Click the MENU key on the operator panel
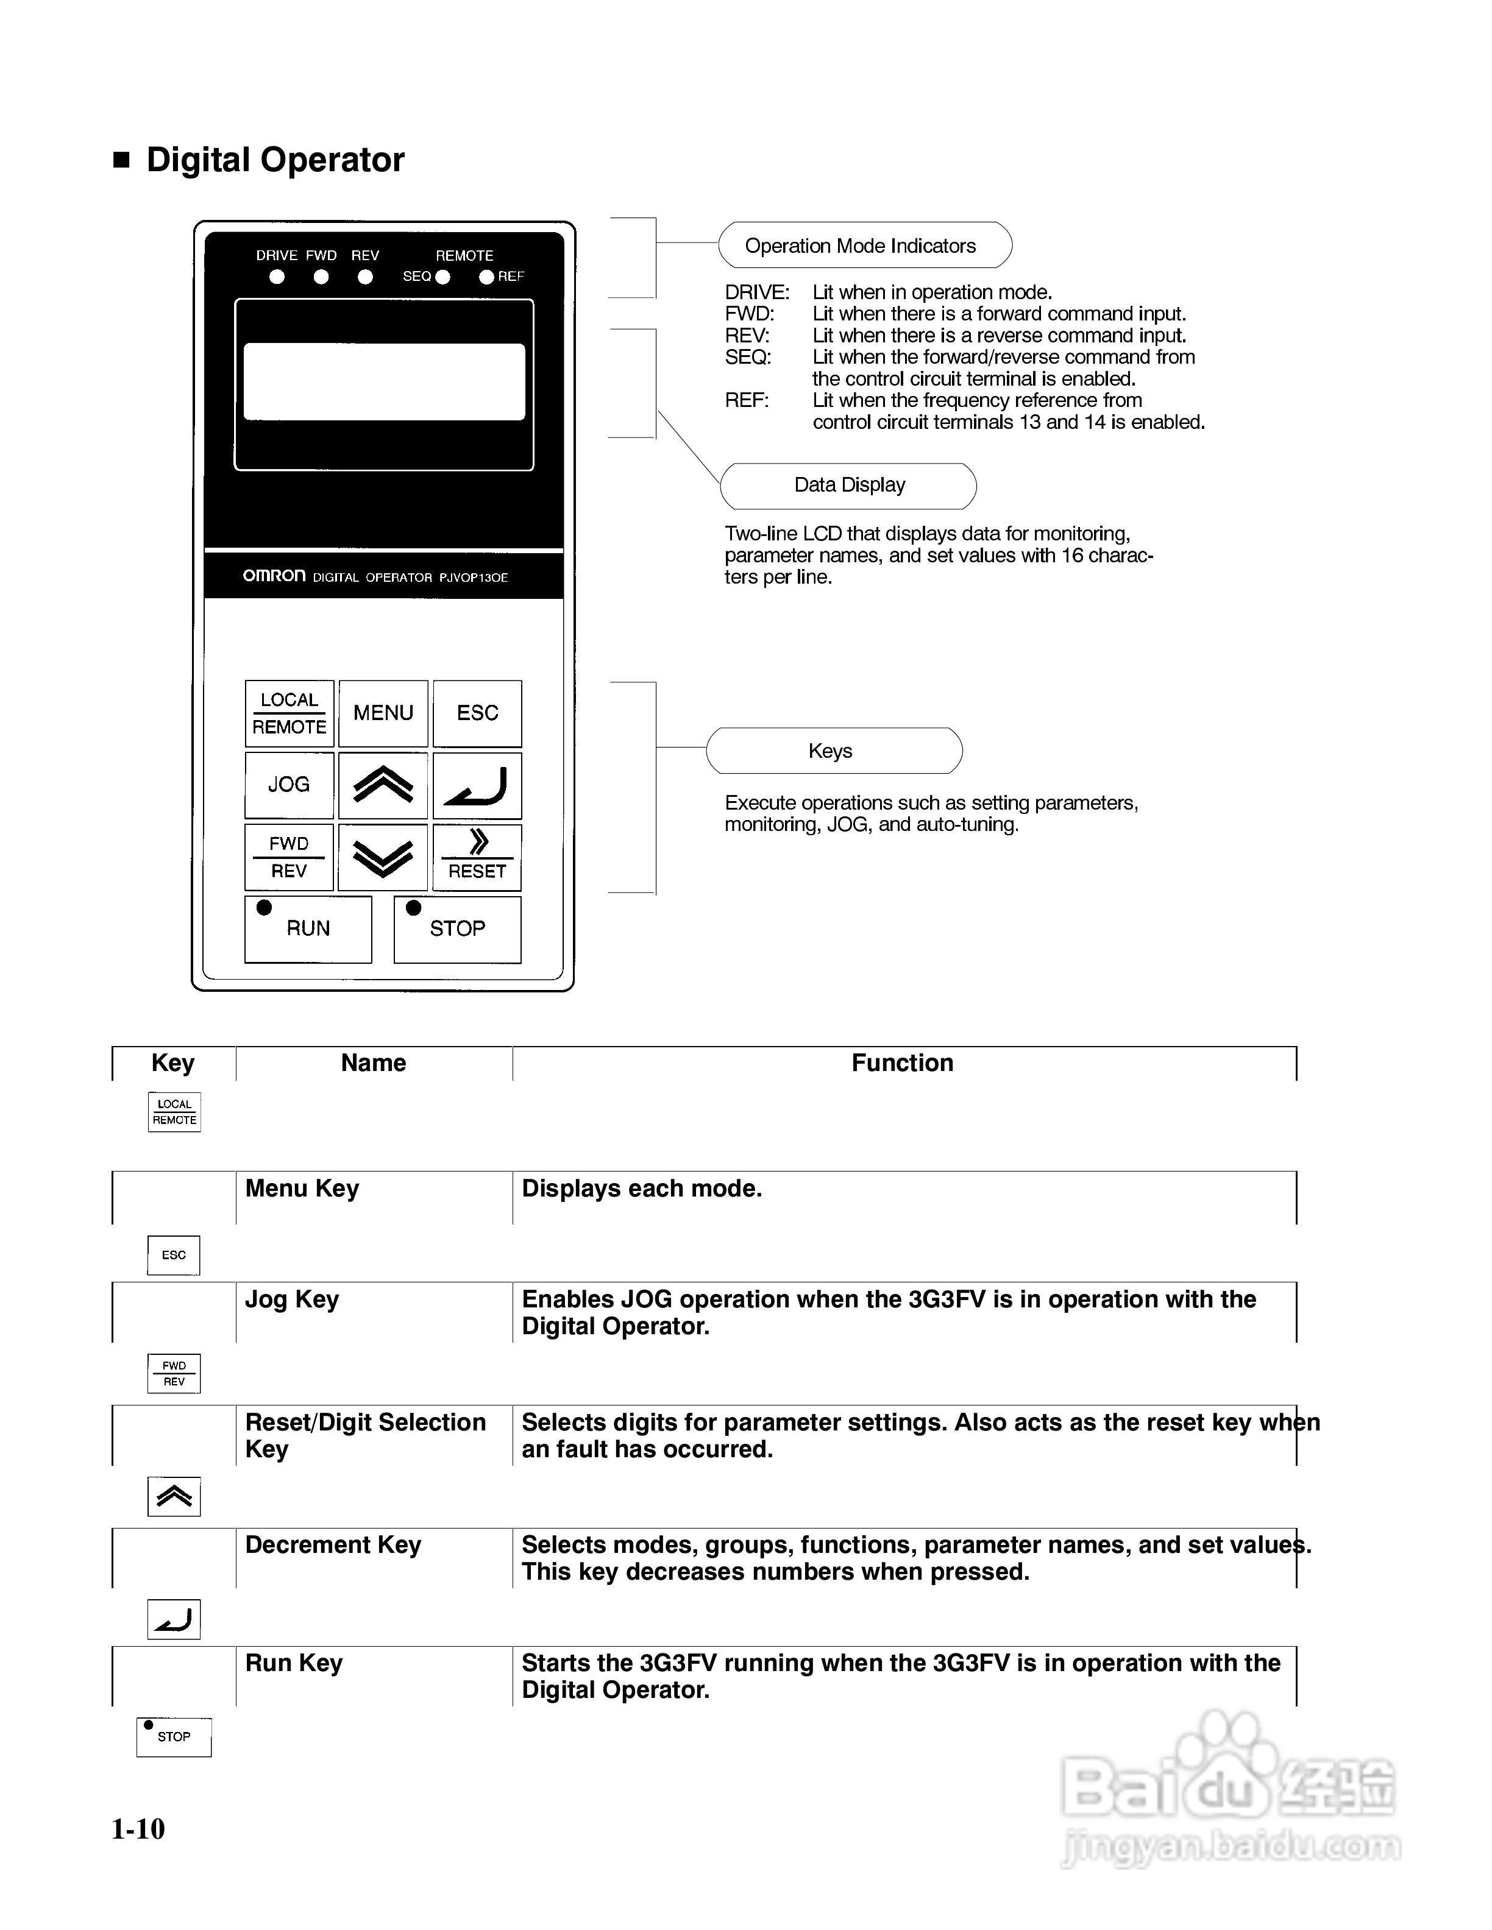tap(383, 713)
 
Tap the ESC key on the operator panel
tap(477, 713)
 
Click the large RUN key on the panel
tap(308, 929)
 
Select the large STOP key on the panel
tap(457, 929)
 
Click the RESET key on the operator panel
tap(477, 857)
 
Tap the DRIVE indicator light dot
tap(277, 277)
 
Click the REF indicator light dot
tap(486, 277)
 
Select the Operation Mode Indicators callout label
tap(860, 246)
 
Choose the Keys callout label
tap(831, 751)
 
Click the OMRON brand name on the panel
tap(274, 576)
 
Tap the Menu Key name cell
tap(302, 1189)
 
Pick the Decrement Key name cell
tap(333, 1545)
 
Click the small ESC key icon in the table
tap(174, 1255)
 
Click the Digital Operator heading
tap(275, 160)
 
